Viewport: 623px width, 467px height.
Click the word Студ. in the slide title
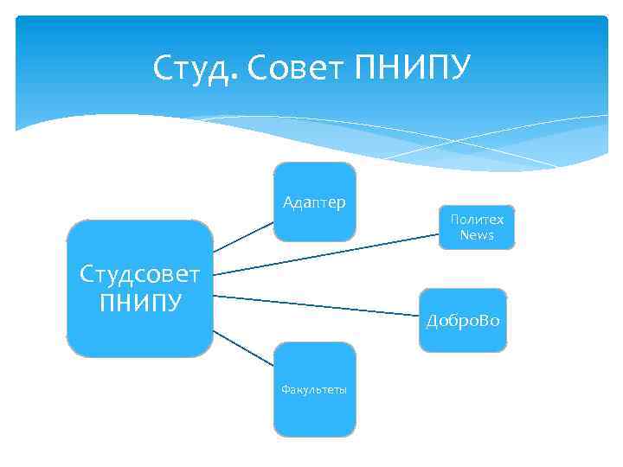195,67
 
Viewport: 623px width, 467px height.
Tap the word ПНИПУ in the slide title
413,67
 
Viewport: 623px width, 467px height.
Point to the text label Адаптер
314,202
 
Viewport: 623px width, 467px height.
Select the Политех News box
477,227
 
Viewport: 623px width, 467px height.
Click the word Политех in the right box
477,220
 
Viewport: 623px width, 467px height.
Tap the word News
477,235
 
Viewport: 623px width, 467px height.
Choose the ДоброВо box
463,320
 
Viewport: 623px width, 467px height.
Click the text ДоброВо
463,321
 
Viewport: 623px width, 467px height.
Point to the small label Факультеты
314,390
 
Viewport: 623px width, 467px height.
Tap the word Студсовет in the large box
139,274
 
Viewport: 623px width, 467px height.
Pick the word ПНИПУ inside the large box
139,303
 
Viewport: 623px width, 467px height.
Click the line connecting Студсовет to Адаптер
244,236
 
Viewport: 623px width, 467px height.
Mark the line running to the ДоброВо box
317,304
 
